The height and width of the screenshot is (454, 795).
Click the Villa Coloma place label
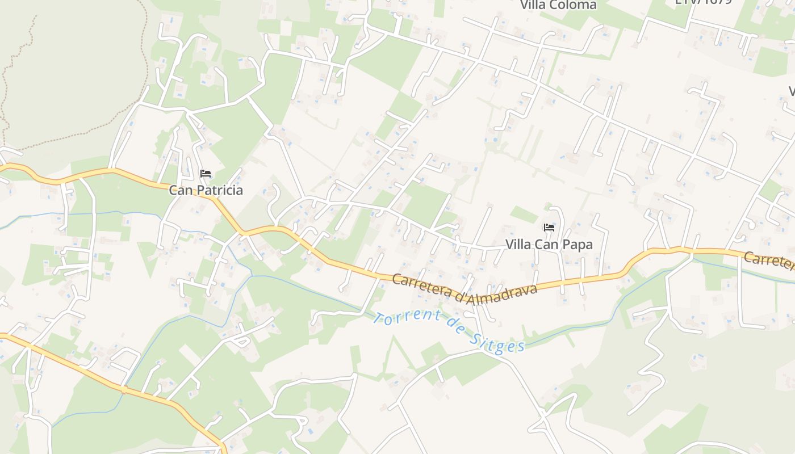point(559,5)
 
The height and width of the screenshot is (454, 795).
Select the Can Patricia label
point(206,190)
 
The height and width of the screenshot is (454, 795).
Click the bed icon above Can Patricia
point(206,173)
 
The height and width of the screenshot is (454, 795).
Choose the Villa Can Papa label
point(549,245)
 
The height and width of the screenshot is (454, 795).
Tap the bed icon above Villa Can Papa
point(549,228)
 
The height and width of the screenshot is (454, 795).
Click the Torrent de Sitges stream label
point(449,330)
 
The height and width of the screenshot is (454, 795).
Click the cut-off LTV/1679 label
point(703,2)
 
